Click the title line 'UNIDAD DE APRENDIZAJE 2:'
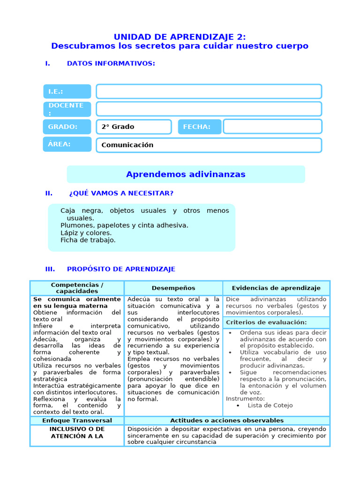pyautogui.click(x=180, y=37)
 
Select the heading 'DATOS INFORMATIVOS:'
pyautogui.click(x=111, y=63)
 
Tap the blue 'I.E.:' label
pyautogui.click(x=67, y=91)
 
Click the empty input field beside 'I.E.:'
pyautogui.click(x=209, y=91)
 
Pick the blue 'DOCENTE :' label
pyautogui.click(x=67, y=109)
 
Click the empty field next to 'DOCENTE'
pyautogui.click(x=209, y=109)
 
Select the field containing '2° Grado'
pyautogui.click(x=134, y=127)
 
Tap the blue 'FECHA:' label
pyautogui.click(x=199, y=127)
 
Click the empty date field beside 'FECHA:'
pyautogui.click(x=272, y=127)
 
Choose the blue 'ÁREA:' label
pyautogui.click(x=67, y=144)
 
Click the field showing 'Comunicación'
pyautogui.click(x=209, y=145)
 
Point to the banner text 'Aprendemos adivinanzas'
pyautogui.click(x=186, y=174)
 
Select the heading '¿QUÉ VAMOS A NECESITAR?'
pyautogui.click(x=121, y=193)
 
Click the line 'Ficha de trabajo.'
pyautogui.click(x=88, y=240)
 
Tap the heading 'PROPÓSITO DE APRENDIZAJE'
pyautogui.click(x=121, y=269)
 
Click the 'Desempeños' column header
pyautogui.click(x=173, y=288)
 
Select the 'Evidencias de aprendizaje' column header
pyautogui.click(x=276, y=288)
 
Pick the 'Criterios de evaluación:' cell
pyautogui.click(x=266, y=322)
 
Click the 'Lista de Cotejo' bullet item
pyautogui.click(x=270, y=405)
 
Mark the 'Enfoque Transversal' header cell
pyautogui.click(x=77, y=420)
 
